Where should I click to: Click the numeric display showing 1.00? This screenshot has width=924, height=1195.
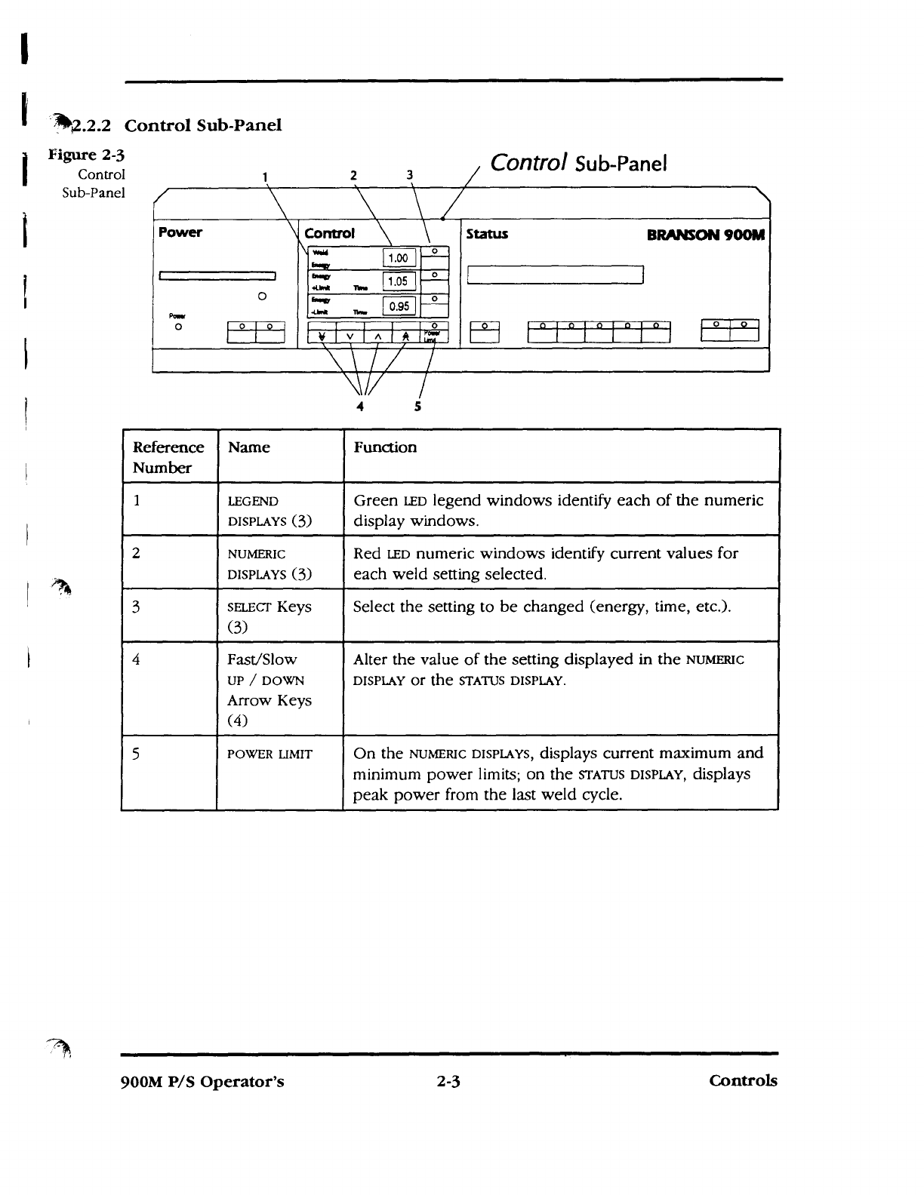point(398,259)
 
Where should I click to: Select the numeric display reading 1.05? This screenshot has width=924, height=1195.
point(398,282)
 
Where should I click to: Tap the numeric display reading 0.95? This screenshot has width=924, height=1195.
point(399,306)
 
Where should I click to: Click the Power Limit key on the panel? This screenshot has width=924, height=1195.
point(434,333)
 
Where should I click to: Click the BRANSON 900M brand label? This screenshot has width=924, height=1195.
point(706,234)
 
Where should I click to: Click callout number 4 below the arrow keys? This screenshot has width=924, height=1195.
point(360,407)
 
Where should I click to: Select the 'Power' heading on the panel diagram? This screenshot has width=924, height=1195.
point(180,232)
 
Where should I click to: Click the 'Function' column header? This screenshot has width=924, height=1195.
point(385,447)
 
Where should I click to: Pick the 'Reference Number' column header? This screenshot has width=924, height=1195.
point(168,457)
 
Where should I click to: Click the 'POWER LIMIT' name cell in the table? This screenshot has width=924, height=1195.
point(269,754)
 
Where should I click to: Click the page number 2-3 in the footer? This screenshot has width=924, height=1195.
point(448,1081)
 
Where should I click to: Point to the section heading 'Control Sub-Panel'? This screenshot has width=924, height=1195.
point(202,125)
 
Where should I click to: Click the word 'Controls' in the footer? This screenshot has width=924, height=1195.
point(743,1080)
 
